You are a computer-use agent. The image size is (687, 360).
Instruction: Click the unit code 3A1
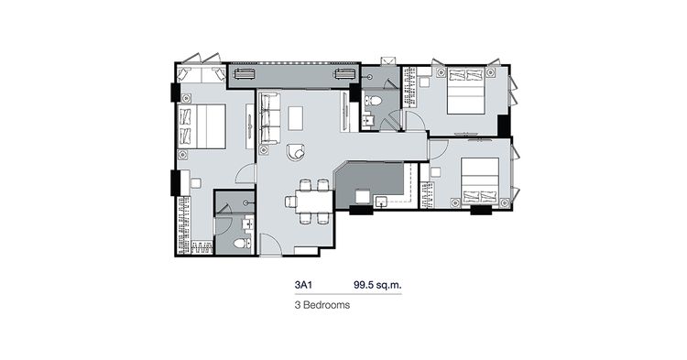point(303,285)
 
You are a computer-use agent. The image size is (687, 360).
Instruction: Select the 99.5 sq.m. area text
point(377,285)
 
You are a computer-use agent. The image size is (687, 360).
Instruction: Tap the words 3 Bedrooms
point(322,305)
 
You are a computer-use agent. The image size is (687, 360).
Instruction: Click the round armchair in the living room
point(296,152)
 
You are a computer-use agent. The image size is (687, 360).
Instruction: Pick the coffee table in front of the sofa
point(295,118)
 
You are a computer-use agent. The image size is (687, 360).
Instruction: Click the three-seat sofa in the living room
point(269,118)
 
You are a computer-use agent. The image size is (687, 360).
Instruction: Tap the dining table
point(314,202)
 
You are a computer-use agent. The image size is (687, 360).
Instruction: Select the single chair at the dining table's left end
point(290,202)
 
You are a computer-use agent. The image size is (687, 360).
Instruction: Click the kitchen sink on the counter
point(381,202)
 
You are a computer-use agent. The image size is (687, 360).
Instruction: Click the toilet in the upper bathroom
point(374,101)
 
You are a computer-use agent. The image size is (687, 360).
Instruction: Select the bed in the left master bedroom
point(202,126)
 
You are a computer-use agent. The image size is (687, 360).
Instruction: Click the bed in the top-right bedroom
point(465,91)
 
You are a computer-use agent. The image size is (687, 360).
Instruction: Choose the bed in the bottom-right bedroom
point(480,180)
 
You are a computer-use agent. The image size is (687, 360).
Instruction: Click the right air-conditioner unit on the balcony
point(345,73)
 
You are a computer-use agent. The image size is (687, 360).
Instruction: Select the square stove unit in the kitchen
point(363,196)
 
